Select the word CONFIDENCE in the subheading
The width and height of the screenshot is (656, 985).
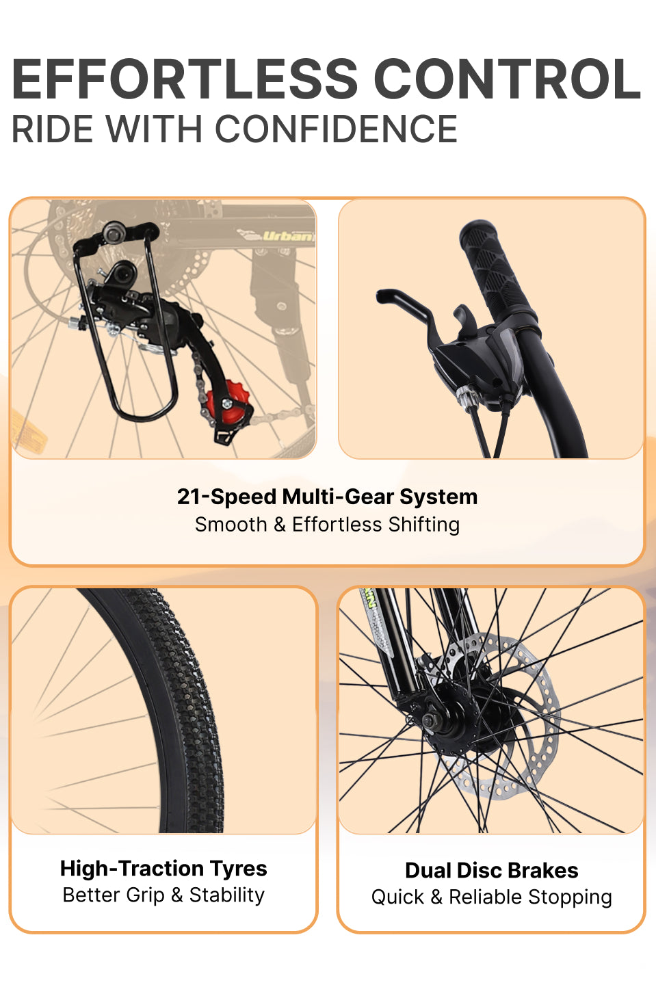[x=337, y=129]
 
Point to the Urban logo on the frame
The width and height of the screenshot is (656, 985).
[x=287, y=236]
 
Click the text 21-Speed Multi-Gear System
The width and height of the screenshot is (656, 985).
[x=327, y=497]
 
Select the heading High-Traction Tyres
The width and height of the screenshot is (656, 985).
[x=163, y=868]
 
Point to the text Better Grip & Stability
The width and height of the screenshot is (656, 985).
[x=163, y=895]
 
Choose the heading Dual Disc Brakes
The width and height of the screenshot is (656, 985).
[x=491, y=870]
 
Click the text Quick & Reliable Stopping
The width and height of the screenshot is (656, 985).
[x=491, y=897]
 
